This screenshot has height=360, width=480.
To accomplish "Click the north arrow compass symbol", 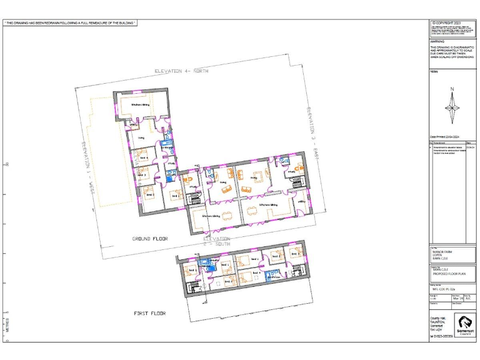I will click(452, 106).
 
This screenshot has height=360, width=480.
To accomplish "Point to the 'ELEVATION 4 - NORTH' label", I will click(181, 71).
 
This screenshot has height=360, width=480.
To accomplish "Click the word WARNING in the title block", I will click(437, 41).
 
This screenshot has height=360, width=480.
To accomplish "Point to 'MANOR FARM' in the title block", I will click(441, 251).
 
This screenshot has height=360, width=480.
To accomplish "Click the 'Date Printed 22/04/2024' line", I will click(444, 136).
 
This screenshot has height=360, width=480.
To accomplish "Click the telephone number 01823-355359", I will click(442, 336).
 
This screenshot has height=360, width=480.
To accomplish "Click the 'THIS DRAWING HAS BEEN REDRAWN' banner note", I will click(70, 23).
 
